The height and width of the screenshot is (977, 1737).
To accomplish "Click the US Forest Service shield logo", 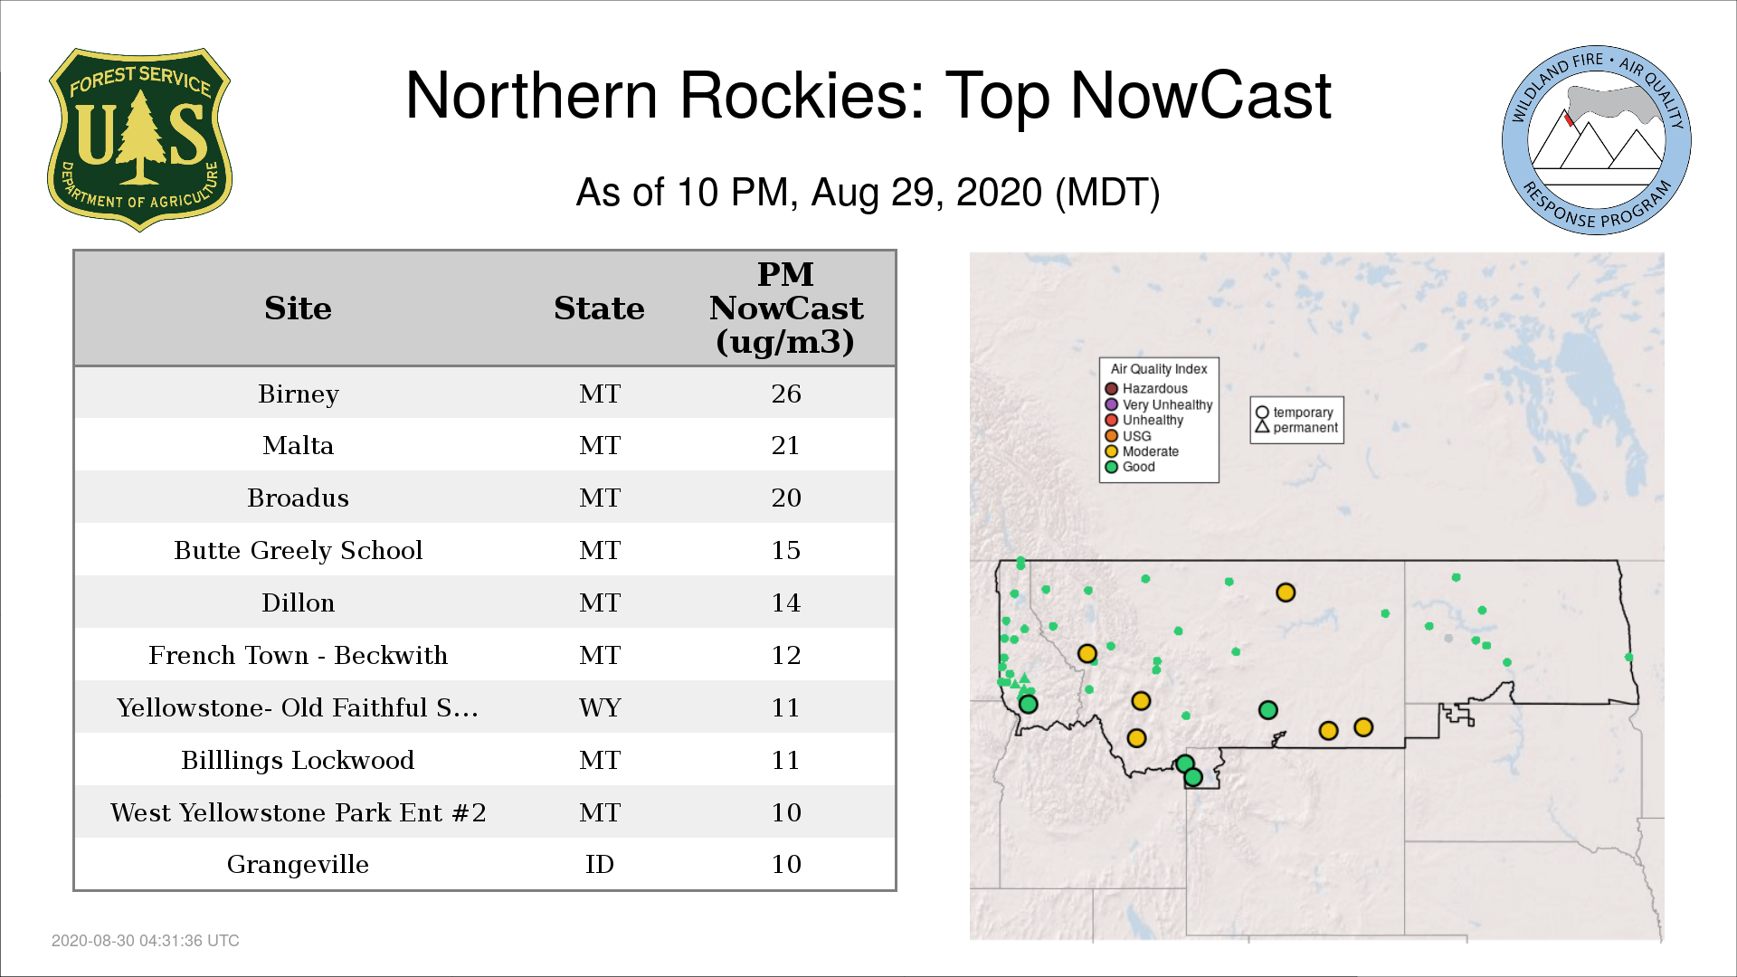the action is [x=139, y=140].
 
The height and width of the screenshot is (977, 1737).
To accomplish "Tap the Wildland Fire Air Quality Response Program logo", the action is [x=1597, y=140].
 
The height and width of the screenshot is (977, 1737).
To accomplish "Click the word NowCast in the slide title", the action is [x=1201, y=96].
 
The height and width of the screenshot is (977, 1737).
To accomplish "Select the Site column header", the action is [x=298, y=308].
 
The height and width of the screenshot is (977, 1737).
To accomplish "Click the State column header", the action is [x=599, y=308].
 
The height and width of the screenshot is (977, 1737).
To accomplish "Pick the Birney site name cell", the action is [x=298, y=394].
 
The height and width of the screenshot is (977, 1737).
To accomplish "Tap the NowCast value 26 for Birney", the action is [x=786, y=394].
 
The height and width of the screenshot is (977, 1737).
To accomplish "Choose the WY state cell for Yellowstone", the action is [x=600, y=707].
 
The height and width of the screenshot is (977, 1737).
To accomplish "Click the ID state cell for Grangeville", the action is [x=600, y=864].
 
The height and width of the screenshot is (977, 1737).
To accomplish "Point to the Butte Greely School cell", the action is [x=298, y=550].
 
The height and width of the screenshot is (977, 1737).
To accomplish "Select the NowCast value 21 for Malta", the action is [x=785, y=445].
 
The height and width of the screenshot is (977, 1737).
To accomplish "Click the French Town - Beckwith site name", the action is [x=298, y=655].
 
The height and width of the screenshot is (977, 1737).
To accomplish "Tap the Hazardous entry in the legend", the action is [x=1146, y=389].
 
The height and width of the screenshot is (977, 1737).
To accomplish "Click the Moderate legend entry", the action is [x=1142, y=451].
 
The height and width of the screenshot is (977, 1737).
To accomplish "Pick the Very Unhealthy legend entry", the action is [x=1159, y=404].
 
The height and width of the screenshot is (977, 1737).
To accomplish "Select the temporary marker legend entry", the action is [x=1295, y=413].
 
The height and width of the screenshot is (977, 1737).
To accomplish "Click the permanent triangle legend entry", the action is [x=1296, y=427].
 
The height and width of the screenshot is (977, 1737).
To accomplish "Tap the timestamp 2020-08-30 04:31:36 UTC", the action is [x=146, y=941].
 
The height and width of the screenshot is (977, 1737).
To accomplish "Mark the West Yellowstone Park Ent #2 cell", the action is [x=298, y=812].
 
